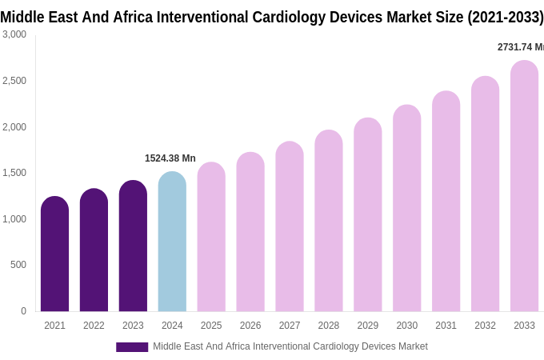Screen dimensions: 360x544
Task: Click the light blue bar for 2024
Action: (x=172, y=242)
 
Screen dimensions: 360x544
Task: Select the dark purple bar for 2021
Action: (x=54, y=254)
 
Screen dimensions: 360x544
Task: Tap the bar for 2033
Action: (x=524, y=186)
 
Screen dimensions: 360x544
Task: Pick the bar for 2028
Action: (x=328, y=221)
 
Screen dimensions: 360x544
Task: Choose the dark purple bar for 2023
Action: (x=133, y=246)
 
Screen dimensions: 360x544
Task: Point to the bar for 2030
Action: (x=406, y=208)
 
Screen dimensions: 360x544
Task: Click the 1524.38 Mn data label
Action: (x=170, y=158)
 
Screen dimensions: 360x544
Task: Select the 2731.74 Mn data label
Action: (x=520, y=47)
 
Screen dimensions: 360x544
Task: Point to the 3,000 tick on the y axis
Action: (x=14, y=34)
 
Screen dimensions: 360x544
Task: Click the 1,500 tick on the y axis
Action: (x=14, y=173)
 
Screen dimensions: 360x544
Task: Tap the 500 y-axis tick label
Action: (x=18, y=265)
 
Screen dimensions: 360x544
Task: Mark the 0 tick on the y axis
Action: (x=23, y=311)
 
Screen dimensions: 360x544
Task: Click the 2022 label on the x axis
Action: (x=94, y=326)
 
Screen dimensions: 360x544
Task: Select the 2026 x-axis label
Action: (x=250, y=326)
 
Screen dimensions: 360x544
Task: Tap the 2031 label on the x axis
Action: (x=446, y=326)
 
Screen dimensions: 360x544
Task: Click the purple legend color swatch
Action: (x=132, y=347)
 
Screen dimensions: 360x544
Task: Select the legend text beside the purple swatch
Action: (x=290, y=346)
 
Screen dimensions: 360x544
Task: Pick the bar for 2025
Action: (x=211, y=237)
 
